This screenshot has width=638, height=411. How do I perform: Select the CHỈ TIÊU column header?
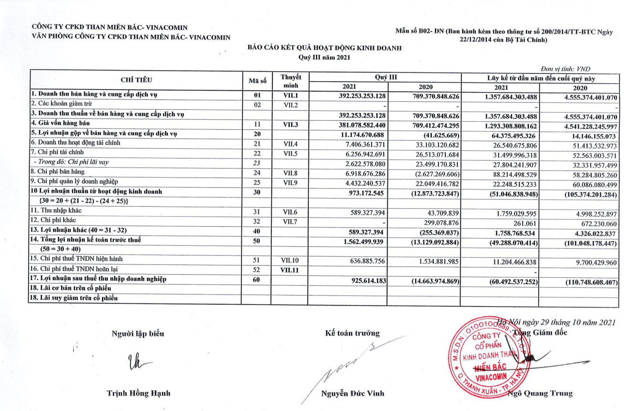(136, 80)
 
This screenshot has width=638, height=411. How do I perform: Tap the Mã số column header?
(256, 80)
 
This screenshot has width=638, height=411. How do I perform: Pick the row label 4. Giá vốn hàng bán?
(57, 124)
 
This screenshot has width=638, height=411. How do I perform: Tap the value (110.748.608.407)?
(586, 281)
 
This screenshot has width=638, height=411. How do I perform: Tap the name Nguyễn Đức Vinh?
(352, 394)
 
